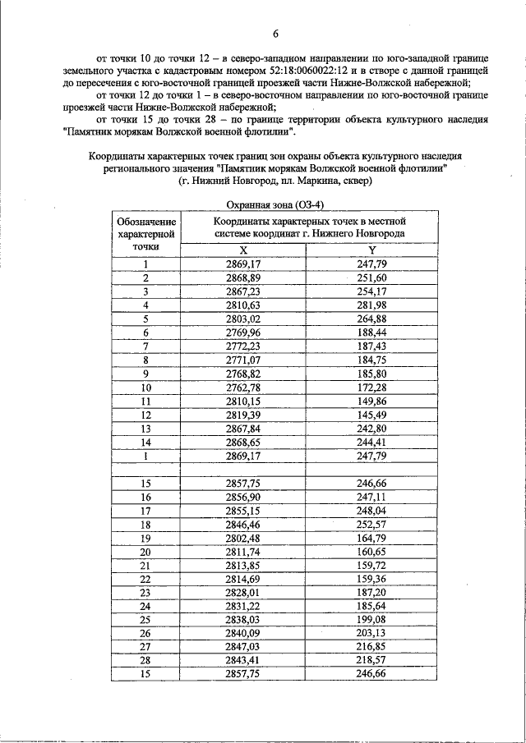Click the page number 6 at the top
(x=276, y=34)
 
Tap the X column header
(x=243, y=250)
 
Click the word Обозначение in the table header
(x=146, y=222)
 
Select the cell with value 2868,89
(x=243, y=277)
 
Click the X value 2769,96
(x=243, y=333)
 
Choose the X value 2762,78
(x=243, y=387)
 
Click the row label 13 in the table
(x=146, y=428)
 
